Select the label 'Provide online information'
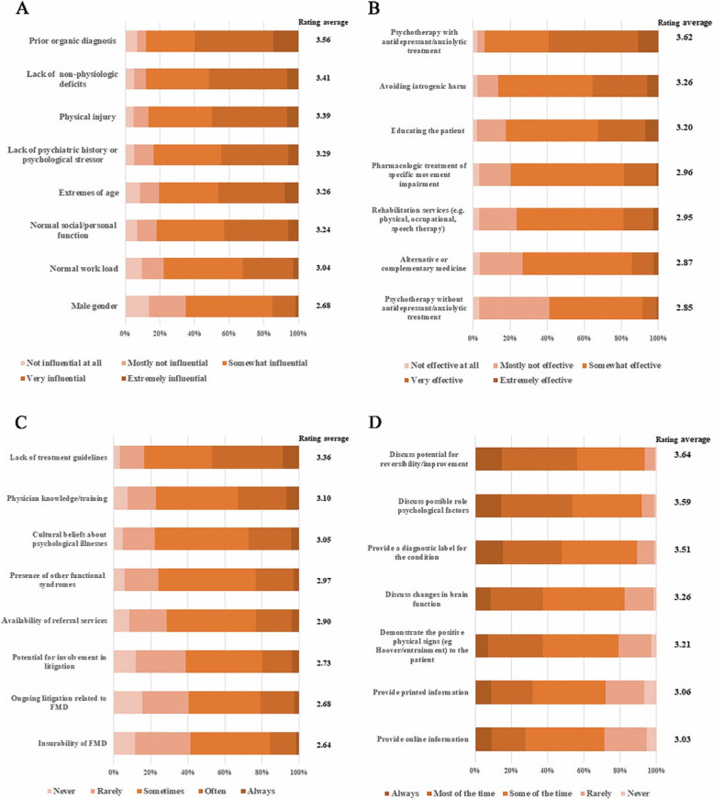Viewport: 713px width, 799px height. (418, 739)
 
